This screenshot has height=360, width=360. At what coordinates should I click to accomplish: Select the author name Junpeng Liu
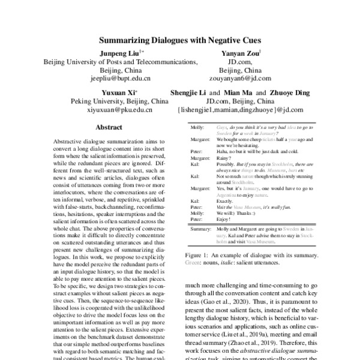116,53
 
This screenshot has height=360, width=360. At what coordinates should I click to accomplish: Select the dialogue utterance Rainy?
224,158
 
